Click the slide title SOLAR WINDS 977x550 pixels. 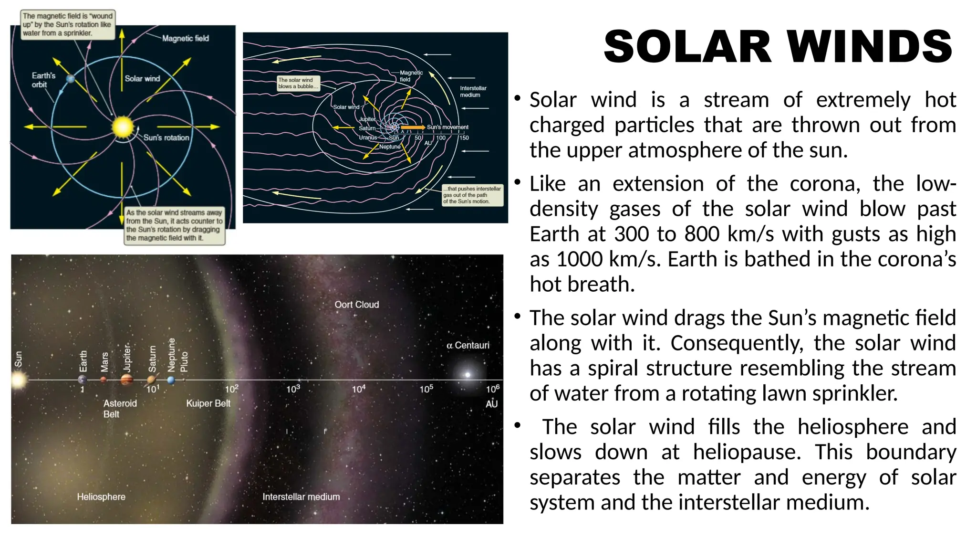point(778,46)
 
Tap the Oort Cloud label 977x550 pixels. point(356,305)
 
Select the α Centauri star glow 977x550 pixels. point(468,375)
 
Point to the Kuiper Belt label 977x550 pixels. point(208,403)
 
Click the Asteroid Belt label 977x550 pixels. point(120,409)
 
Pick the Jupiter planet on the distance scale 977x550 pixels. point(127,380)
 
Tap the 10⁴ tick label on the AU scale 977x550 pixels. point(358,389)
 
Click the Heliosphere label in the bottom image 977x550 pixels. point(101,497)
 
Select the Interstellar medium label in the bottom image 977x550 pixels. point(301,497)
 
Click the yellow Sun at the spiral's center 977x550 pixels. point(123,127)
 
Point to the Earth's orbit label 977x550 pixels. point(43,80)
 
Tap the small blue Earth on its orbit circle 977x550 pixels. point(71,79)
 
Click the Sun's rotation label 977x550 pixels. point(166,137)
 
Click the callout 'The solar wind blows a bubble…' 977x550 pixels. point(298,83)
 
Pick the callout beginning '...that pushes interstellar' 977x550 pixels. point(472,195)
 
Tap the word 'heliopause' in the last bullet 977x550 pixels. point(747,452)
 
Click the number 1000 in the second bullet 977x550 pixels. point(580,259)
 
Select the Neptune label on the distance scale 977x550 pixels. point(172,355)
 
